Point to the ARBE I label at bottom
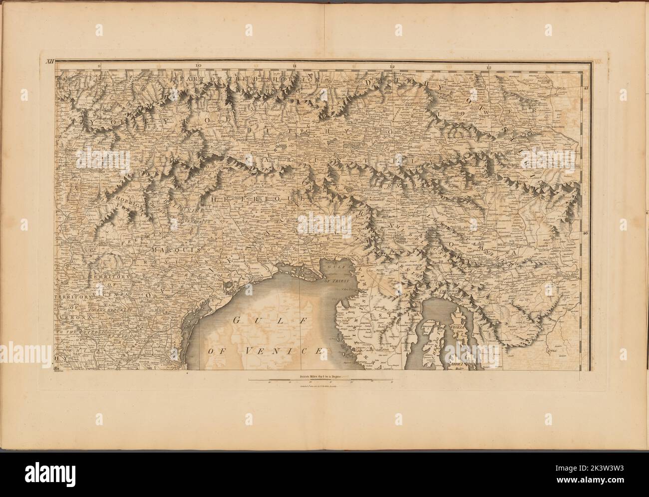tap(457, 365)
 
